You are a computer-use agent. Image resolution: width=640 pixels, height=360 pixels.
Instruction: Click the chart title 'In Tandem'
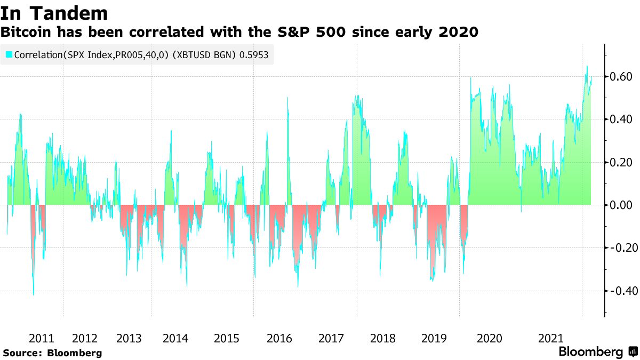(x=54, y=12)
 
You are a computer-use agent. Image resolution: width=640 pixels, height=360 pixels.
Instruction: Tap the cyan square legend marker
(x=9, y=54)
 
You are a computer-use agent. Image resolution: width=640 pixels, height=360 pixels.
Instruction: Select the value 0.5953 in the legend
(x=254, y=54)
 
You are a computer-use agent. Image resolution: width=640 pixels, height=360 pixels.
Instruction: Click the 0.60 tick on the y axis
(x=621, y=77)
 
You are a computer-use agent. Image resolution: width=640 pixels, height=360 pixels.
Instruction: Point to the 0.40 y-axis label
(x=621, y=119)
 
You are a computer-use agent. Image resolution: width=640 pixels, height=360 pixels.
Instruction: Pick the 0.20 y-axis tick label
(x=621, y=162)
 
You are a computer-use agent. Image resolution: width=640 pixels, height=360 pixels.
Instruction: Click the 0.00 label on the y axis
(x=621, y=205)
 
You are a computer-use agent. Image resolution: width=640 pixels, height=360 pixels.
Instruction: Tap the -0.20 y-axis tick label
(x=620, y=247)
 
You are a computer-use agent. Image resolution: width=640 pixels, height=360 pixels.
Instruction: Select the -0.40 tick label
(x=620, y=291)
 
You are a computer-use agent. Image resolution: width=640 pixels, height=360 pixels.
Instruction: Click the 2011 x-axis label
(x=41, y=338)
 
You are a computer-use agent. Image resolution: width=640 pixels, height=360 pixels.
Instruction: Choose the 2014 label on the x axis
(x=175, y=338)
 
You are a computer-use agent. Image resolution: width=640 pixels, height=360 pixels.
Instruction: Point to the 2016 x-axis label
(x=279, y=338)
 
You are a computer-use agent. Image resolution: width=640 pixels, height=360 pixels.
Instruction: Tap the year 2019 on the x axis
(x=434, y=338)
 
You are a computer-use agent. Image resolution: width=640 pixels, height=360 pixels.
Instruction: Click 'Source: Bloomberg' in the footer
(x=52, y=353)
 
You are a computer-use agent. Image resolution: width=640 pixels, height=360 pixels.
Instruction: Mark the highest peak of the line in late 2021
(x=587, y=66)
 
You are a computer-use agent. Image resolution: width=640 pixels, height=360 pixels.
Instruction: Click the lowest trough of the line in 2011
(x=34, y=294)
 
